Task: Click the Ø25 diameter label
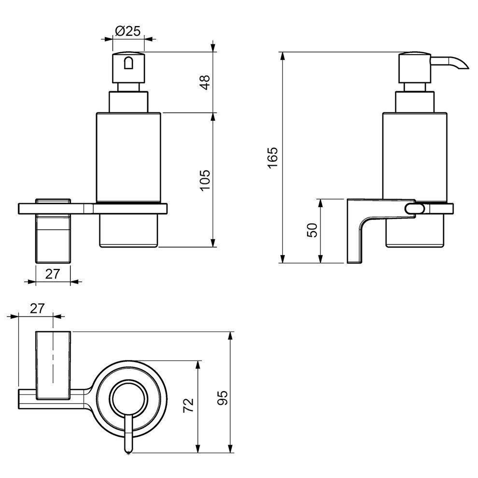click(127, 32)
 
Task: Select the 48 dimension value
click(206, 82)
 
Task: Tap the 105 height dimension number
click(206, 180)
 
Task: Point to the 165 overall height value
click(273, 157)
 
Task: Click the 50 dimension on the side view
click(312, 230)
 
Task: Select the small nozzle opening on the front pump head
click(128, 64)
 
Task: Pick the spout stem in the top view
click(128, 432)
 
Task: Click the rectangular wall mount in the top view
click(54, 366)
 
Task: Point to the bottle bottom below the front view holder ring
click(128, 231)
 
